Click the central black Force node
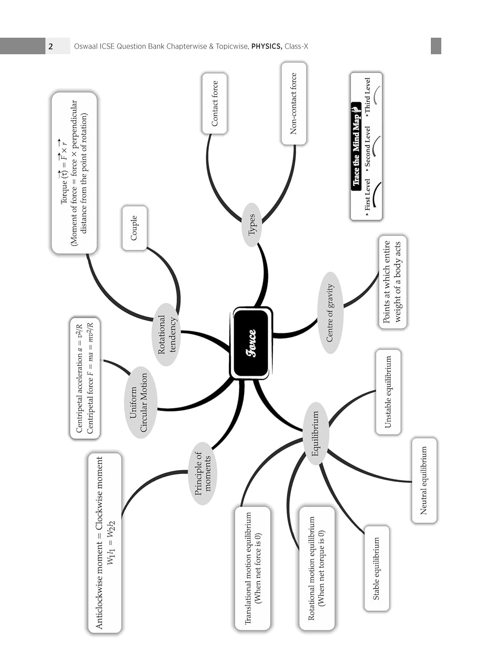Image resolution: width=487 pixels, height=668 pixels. [x=252, y=343]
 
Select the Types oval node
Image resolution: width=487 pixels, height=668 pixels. [x=252, y=224]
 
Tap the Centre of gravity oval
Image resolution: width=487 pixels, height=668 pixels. [x=330, y=313]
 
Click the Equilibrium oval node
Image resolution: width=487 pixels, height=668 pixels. [x=316, y=433]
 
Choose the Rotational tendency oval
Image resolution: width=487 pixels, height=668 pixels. [x=167, y=334]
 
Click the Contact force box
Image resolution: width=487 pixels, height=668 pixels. [x=214, y=103]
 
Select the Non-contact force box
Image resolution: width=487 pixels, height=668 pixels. [x=294, y=103]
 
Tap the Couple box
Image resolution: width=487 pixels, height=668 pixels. [x=134, y=228]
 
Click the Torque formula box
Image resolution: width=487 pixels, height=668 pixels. [x=74, y=173]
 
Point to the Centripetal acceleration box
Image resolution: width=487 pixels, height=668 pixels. [x=85, y=378]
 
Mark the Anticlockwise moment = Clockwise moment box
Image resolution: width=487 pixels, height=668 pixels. [x=105, y=542]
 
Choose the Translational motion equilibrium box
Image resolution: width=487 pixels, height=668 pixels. [x=253, y=568]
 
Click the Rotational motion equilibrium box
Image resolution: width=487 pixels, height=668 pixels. [x=317, y=568]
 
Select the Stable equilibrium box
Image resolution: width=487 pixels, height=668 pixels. [x=377, y=568]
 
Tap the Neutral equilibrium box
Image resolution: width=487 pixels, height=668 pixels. [x=424, y=480]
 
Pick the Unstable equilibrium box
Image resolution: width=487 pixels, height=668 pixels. [x=388, y=392]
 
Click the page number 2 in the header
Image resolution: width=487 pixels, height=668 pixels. [x=51, y=46]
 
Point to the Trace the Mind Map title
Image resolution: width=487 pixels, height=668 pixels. [x=356, y=147]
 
